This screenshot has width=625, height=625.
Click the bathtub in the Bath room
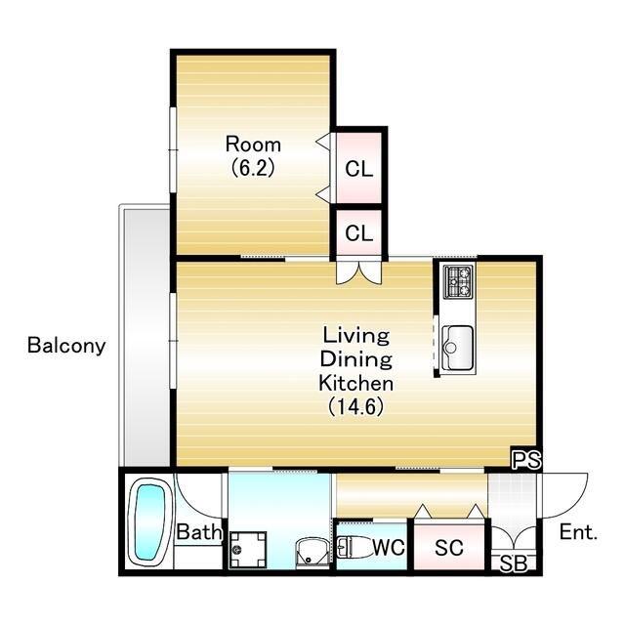tap(149, 522)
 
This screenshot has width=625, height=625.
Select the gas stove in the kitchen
tap(459, 282)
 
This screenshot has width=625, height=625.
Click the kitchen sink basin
tap(458, 348)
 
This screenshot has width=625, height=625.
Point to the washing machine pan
tap(248, 549)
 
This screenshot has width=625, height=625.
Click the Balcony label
tap(66, 345)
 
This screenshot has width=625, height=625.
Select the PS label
tap(526, 460)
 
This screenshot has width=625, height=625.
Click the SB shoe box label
tap(514, 562)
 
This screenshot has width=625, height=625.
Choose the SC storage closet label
tap(449, 548)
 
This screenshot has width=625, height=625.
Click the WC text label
tap(389, 547)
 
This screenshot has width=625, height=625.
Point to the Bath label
tap(199, 531)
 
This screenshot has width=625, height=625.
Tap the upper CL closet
tap(358, 167)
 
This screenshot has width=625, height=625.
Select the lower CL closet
tap(358, 232)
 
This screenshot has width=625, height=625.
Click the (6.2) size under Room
tap(253, 168)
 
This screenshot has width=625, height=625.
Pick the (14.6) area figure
tap(355, 406)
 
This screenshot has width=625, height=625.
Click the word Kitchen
tap(355, 383)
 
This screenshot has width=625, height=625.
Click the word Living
tap(355, 335)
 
